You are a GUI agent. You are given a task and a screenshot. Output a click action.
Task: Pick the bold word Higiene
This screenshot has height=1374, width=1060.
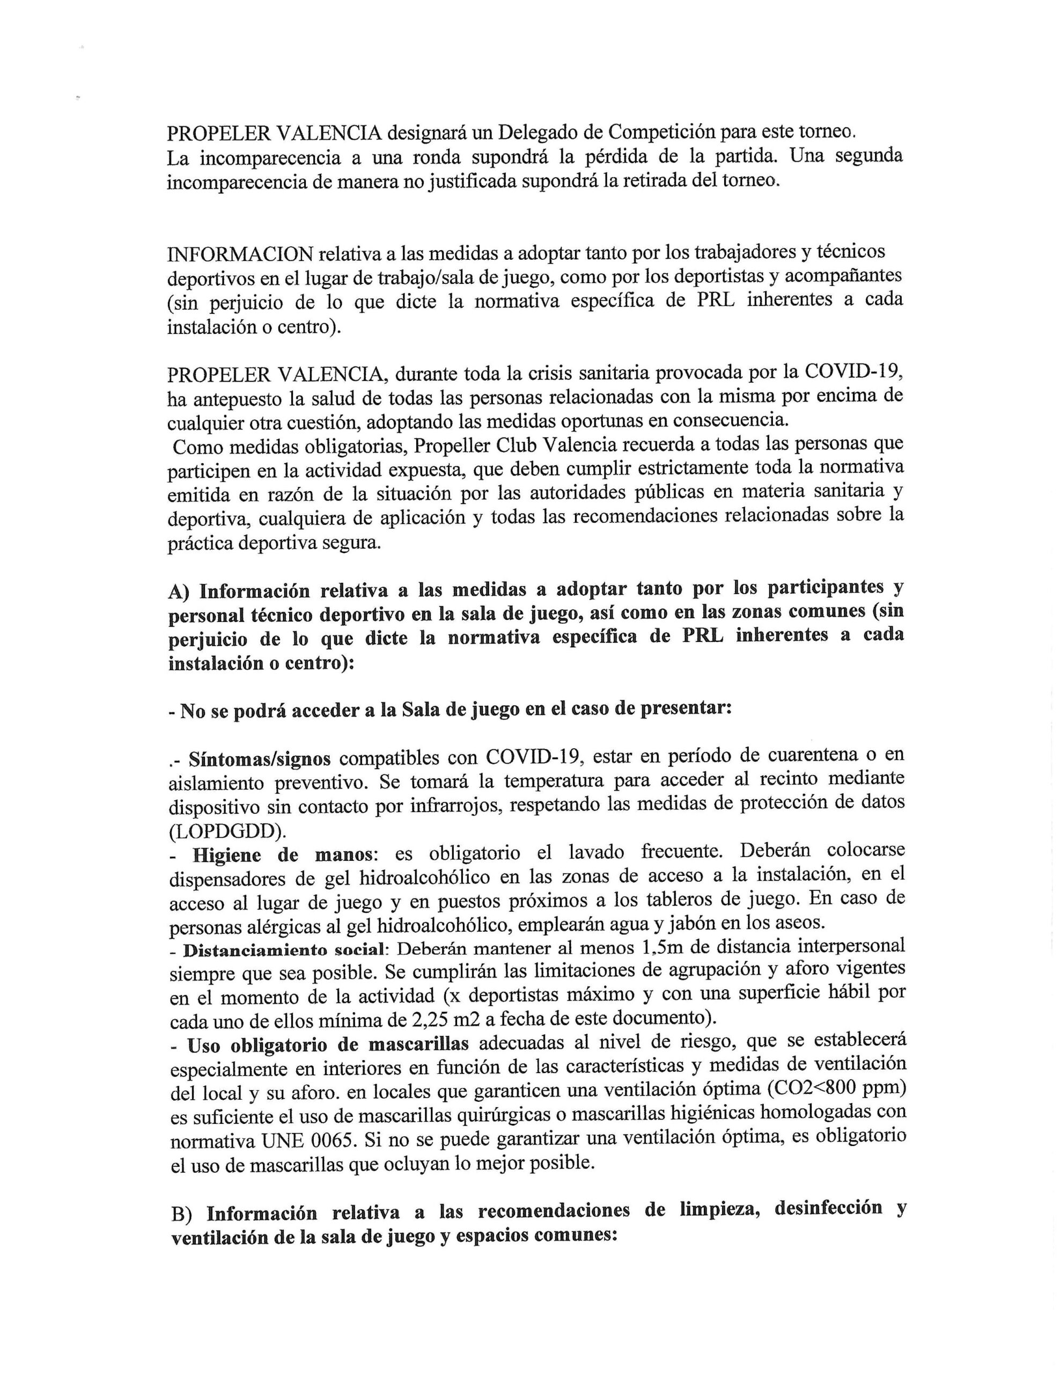pyautogui.click(x=226, y=856)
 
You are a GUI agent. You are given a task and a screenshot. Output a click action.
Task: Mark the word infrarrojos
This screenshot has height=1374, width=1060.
pyautogui.click(x=456, y=807)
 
